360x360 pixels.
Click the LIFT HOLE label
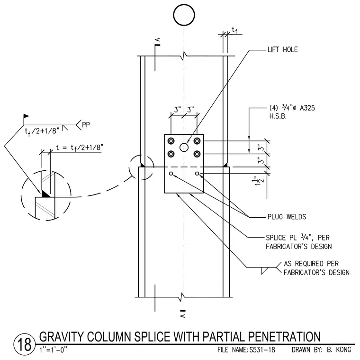point(282,49)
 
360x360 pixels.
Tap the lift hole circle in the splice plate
point(184,147)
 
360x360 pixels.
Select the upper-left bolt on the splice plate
point(171,141)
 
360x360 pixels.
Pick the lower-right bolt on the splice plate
point(197,154)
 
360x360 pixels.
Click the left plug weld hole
point(171,174)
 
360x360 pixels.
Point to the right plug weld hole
point(197,174)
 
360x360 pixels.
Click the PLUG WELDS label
point(287,217)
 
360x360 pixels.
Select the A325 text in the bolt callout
point(307,108)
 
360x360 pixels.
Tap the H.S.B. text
point(278,116)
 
